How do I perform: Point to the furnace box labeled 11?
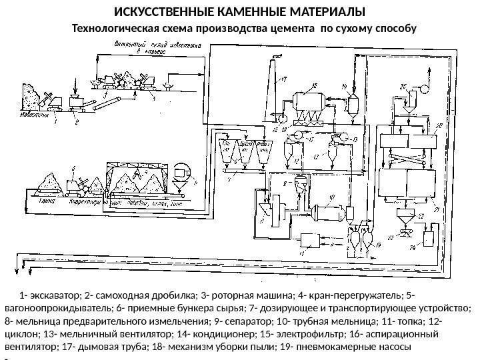[311, 240]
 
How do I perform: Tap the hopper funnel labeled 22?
[403, 217]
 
